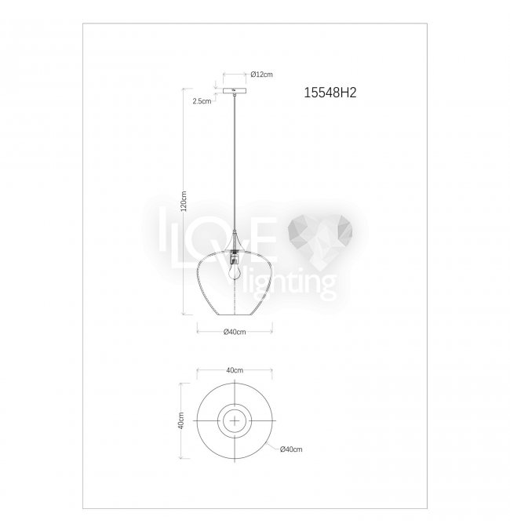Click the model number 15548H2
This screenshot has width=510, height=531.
click(x=330, y=93)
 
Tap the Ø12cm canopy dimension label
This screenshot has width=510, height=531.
click(x=261, y=75)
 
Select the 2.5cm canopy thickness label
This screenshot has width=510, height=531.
click(x=202, y=101)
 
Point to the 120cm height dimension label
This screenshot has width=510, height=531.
click(x=184, y=201)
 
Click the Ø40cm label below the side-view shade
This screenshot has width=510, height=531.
click(x=235, y=332)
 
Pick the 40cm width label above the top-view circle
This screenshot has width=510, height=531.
click(x=235, y=370)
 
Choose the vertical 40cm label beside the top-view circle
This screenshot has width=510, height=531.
click(x=181, y=420)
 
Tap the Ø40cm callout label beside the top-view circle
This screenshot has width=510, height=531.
click(x=291, y=449)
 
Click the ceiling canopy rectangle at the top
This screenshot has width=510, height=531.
click(x=235, y=91)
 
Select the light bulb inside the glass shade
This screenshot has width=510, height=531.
click(x=234, y=271)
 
